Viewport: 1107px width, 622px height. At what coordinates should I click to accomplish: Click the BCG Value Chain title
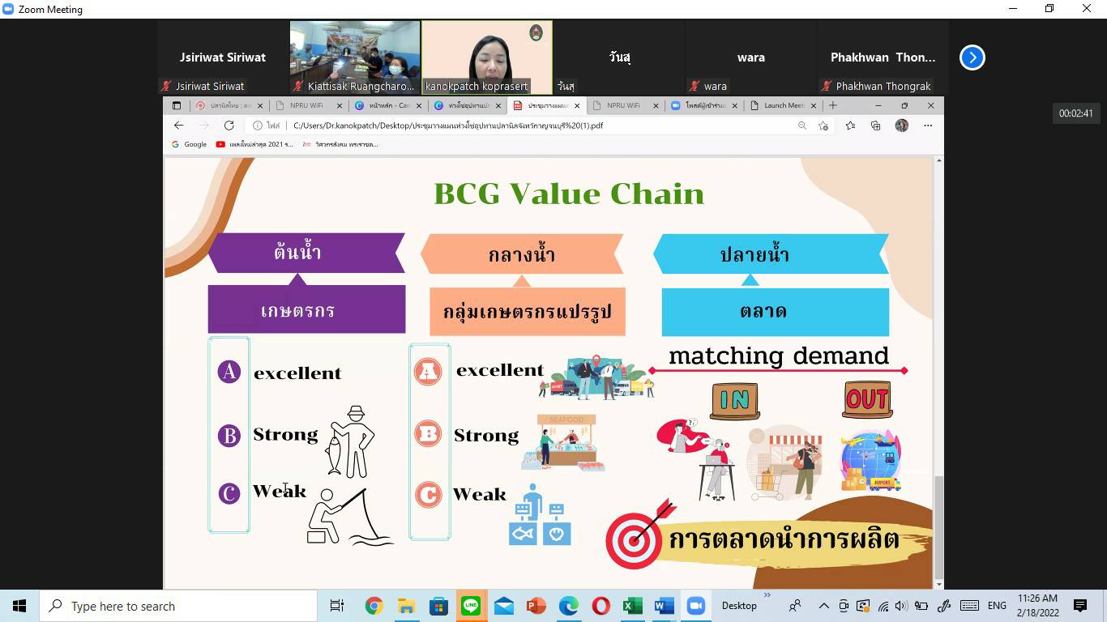click(569, 194)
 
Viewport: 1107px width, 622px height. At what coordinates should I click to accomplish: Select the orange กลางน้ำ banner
click(522, 254)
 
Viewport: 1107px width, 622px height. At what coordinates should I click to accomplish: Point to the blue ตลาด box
click(775, 311)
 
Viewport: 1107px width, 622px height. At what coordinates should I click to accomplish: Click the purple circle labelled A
click(229, 372)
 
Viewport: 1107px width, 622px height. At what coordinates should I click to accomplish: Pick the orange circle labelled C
click(428, 494)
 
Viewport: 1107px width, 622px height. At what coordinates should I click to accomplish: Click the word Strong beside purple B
click(285, 435)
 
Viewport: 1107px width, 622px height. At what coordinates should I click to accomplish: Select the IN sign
click(734, 400)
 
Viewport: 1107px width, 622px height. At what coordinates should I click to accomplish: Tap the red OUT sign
click(867, 399)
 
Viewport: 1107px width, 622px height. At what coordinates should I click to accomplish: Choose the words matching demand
click(778, 356)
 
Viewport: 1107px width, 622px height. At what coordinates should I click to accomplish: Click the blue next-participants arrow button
click(972, 58)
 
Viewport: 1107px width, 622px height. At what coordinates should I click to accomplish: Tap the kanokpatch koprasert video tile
click(486, 58)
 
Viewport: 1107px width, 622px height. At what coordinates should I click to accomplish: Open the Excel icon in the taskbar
click(632, 606)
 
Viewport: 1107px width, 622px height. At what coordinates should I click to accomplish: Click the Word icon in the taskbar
click(664, 606)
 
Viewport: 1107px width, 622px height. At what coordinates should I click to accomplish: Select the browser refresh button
click(229, 126)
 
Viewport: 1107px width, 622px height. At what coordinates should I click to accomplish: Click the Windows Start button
click(19, 606)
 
